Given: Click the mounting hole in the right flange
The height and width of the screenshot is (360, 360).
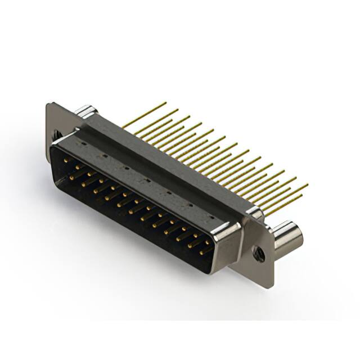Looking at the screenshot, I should click(x=259, y=253).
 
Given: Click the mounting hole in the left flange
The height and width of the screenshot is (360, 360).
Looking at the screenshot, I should click(x=56, y=134).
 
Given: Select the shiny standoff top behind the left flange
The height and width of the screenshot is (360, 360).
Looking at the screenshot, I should click(x=84, y=110).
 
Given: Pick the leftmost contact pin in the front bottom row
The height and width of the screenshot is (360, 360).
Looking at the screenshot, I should click(x=72, y=177).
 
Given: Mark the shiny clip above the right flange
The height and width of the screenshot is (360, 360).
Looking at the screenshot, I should click(x=254, y=213).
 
